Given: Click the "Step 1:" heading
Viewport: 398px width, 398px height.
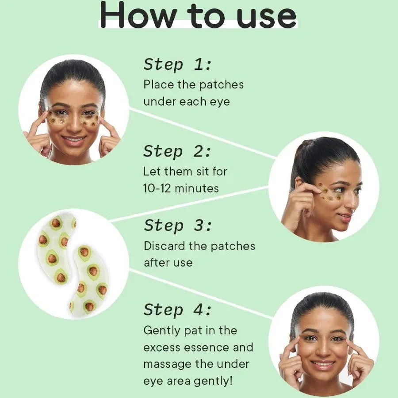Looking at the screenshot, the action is point(177,65).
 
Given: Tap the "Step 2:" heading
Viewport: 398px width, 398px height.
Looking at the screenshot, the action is point(177,151).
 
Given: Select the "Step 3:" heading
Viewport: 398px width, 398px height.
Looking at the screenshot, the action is point(178,226).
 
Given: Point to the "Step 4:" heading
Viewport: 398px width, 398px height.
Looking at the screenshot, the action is point(177,310).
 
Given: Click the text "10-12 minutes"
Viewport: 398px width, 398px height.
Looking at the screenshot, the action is point(181,188).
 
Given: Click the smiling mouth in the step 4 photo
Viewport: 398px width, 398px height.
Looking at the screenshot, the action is point(322,364).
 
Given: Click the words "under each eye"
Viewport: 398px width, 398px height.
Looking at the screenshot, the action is point(187,102).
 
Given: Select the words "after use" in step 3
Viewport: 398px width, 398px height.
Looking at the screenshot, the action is point(168,263).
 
